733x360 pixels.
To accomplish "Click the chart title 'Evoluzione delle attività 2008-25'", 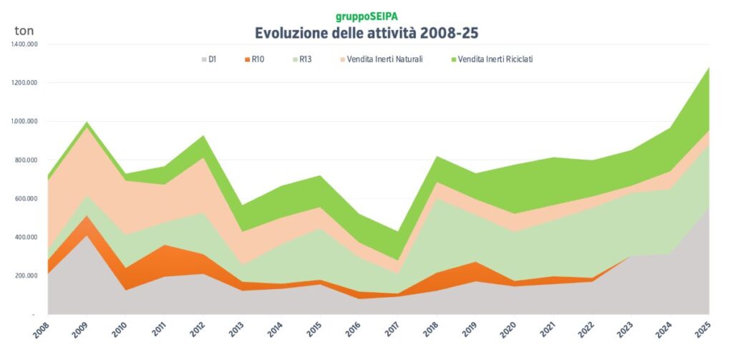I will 366,33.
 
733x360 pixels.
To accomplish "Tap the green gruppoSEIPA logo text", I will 366,16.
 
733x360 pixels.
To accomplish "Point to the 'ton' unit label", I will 24,31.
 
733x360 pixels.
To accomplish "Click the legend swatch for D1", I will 204,59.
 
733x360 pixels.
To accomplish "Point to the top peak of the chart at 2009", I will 87,122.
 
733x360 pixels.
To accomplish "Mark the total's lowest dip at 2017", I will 397,232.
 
